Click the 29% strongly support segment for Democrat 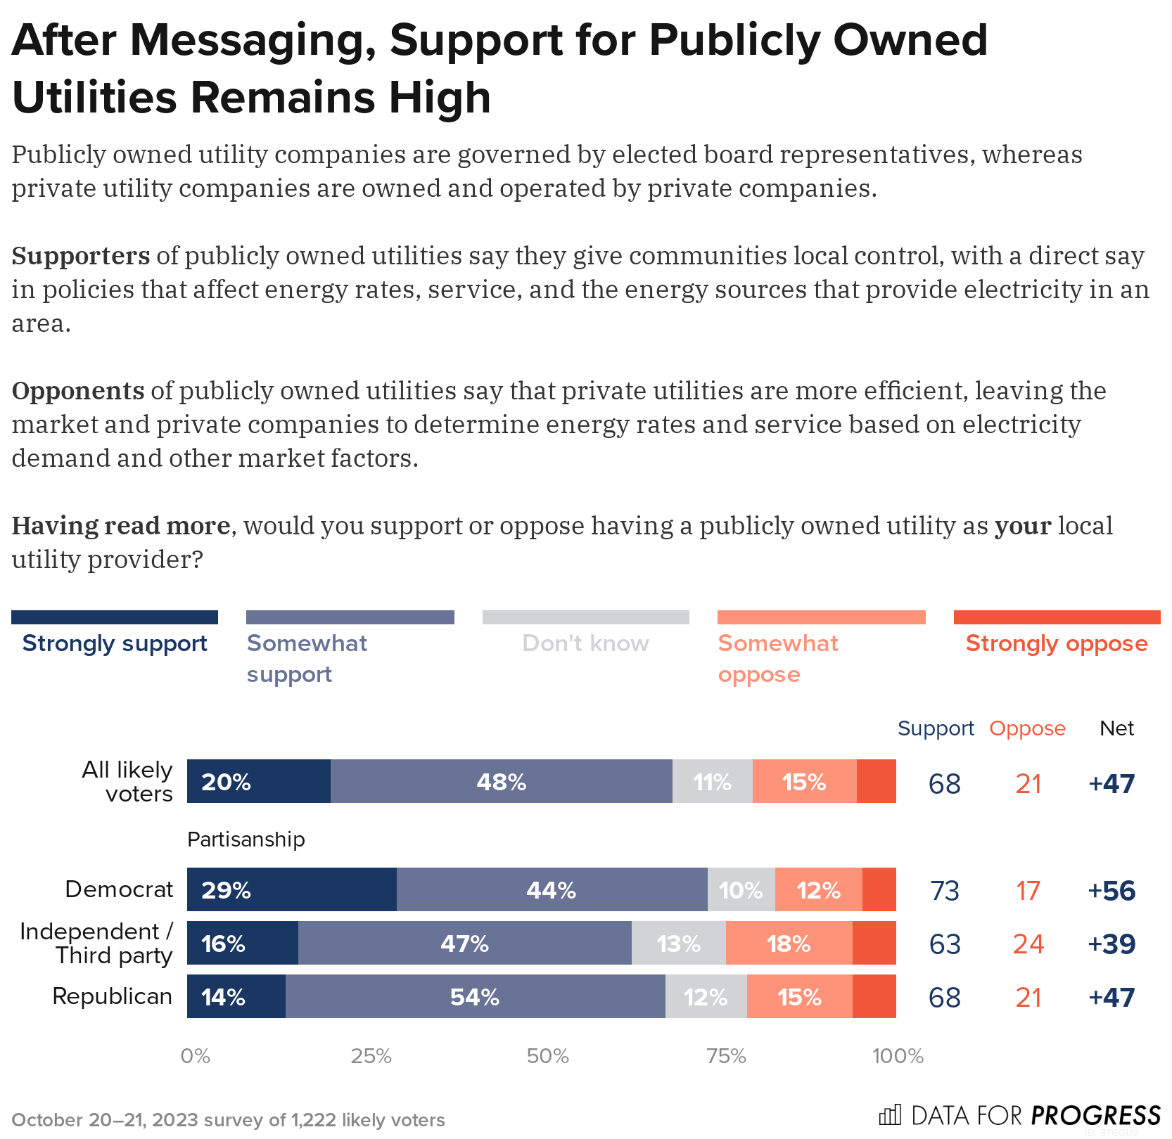pyautogui.click(x=291, y=889)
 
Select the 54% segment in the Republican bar pyautogui.click(x=475, y=996)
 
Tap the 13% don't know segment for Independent pyautogui.click(x=678, y=943)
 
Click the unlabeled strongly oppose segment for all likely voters pyautogui.click(x=876, y=781)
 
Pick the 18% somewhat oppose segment pyautogui.click(x=789, y=943)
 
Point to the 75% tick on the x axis pyautogui.click(x=726, y=1056)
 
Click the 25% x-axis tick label pyautogui.click(x=371, y=1056)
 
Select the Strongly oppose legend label pyautogui.click(x=1056, y=643)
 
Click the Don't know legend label pyautogui.click(x=585, y=643)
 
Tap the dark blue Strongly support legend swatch pyautogui.click(x=115, y=617)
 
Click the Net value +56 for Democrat pyautogui.click(x=1112, y=890)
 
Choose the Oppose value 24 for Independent pyautogui.click(x=1028, y=944)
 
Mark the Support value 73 pyautogui.click(x=944, y=890)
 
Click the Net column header pyautogui.click(x=1116, y=728)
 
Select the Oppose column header pyautogui.click(x=1027, y=728)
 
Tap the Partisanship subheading pyautogui.click(x=246, y=839)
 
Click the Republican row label pyautogui.click(x=112, y=996)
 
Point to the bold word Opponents pyautogui.click(x=78, y=390)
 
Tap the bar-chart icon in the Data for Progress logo pyautogui.click(x=890, y=1114)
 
